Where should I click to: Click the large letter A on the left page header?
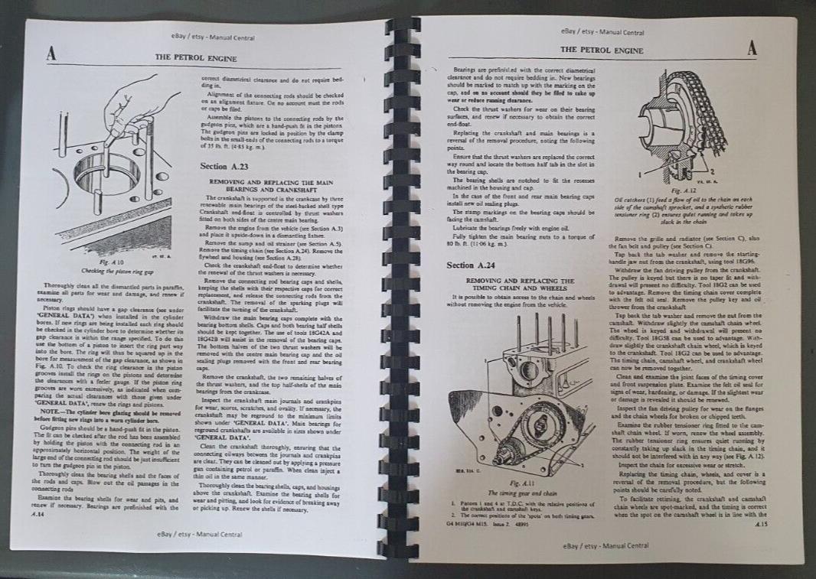pyautogui.click(x=51, y=54)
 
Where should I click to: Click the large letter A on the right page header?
pyautogui.click(x=752, y=47)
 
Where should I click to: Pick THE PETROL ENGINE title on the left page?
pyautogui.click(x=196, y=57)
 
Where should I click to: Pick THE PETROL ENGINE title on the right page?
pyautogui.click(x=602, y=50)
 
